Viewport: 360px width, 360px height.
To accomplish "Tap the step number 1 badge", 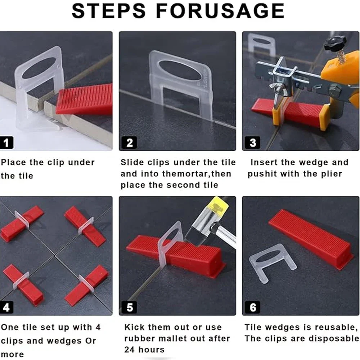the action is click(x=6, y=143).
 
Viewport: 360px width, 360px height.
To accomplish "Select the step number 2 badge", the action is click(x=129, y=143).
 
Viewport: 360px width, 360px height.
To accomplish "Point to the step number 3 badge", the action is click(x=253, y=143).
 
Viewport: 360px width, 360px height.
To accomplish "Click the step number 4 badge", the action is click(x=6, y=307).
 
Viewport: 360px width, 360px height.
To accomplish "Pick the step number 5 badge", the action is click(x=130, y=307).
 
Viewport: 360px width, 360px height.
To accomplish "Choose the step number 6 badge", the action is click(x=253, y=307).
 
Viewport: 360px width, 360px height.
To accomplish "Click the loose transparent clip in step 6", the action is click(x=272, y=262).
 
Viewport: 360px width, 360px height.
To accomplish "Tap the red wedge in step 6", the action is click(x=311, y=239).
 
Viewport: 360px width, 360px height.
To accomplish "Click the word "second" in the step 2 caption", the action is click(x=183, y=185).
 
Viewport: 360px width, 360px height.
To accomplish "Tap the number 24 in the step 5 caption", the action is click(x=130, y=350).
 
